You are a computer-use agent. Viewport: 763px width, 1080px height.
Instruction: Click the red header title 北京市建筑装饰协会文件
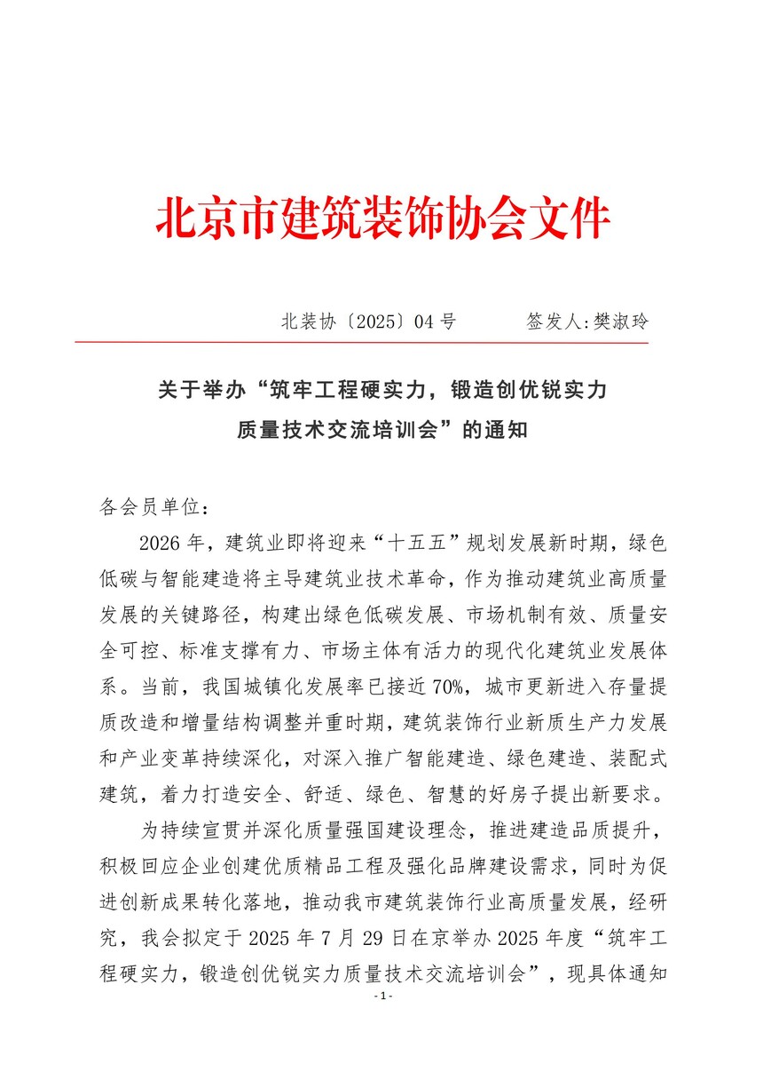[383, 218]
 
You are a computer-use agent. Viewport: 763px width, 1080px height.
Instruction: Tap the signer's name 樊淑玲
[621, 322]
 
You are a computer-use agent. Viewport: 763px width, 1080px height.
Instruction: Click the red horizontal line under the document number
[361, 342]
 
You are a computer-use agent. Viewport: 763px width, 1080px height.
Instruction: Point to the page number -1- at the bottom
[383, 997]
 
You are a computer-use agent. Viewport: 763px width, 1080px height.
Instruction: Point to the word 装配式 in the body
[638, 757]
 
